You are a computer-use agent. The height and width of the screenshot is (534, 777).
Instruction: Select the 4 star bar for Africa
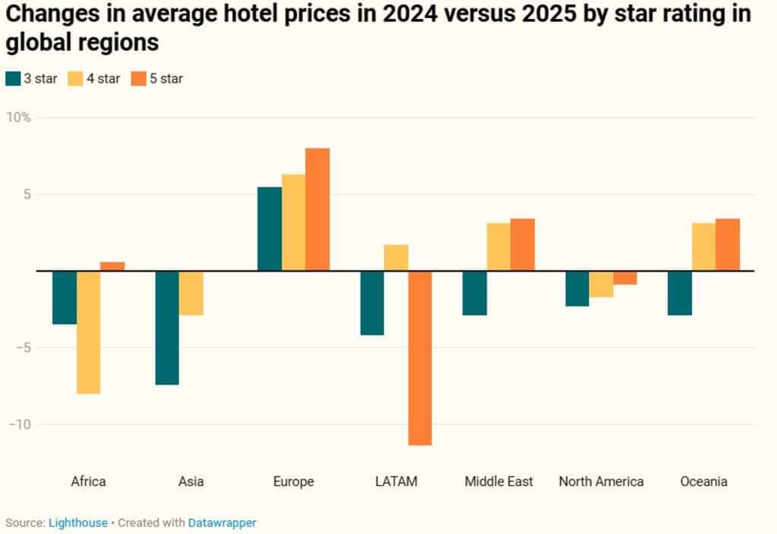click(x=88, y=332)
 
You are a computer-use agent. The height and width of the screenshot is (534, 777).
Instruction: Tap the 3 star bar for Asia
click(x=167, y=328)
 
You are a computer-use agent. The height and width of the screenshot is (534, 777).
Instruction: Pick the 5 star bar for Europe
click(x=317, y=209)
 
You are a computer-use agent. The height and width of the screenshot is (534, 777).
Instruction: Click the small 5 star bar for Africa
click(x=112, y=266)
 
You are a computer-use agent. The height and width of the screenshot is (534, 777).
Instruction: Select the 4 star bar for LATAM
click(x=395, y=258)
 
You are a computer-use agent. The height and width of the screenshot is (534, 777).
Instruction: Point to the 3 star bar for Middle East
click(x=474, y=293)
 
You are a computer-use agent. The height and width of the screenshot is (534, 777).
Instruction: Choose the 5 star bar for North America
click(x=624, y=278)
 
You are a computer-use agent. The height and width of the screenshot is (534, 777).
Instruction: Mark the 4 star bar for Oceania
click(x=703, y=247)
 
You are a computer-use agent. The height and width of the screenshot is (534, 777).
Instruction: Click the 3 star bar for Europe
click(x=269, y=228)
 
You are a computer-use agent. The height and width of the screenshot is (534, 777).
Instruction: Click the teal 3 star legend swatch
click(x=13, y=78)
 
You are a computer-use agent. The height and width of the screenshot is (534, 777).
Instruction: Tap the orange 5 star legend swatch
click(x=139, y=78)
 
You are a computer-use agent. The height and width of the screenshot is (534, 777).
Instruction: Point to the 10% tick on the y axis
click(x=20, y=118)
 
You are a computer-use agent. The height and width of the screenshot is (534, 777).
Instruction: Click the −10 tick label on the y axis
click(x=20, y=424)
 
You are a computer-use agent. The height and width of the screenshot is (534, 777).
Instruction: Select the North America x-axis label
click(x=601, y=482)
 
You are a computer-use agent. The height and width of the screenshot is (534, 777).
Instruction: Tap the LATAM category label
click(x=396, y=482)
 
